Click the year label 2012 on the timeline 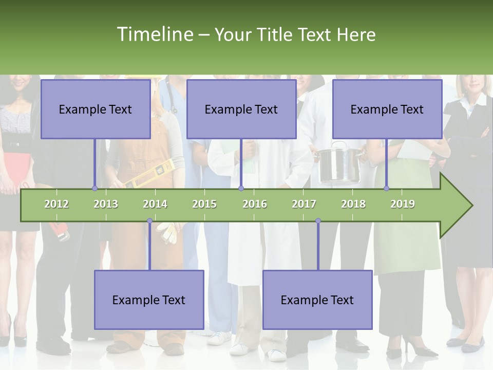coord(56,204)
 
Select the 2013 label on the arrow coord(106,204)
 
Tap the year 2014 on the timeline coord(155,204)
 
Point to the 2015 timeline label coord(204,204)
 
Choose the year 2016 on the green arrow coord(255,204)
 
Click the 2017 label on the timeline coord(304,204)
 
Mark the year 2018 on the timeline coord(353,204)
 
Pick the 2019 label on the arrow coord(403,204)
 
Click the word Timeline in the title coord(154,34)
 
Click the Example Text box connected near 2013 coord(96,109)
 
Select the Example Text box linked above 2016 coord(241,109)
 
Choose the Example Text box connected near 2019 coord(387,109)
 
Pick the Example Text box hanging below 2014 coord(149,300)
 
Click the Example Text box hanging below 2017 coord(317,300)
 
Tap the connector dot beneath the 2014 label coord(149,221)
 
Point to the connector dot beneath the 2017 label coord(318,221)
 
